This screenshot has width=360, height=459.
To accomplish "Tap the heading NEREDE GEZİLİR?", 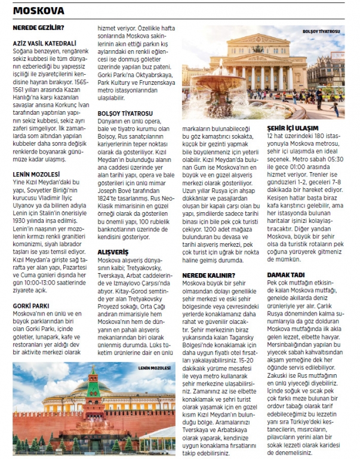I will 39,27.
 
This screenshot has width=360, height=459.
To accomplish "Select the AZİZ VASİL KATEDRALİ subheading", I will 44,43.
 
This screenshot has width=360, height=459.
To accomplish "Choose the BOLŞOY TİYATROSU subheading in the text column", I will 125,113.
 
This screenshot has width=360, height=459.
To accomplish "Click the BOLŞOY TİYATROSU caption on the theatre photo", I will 321,31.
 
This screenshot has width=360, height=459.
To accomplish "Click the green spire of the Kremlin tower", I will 92,377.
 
